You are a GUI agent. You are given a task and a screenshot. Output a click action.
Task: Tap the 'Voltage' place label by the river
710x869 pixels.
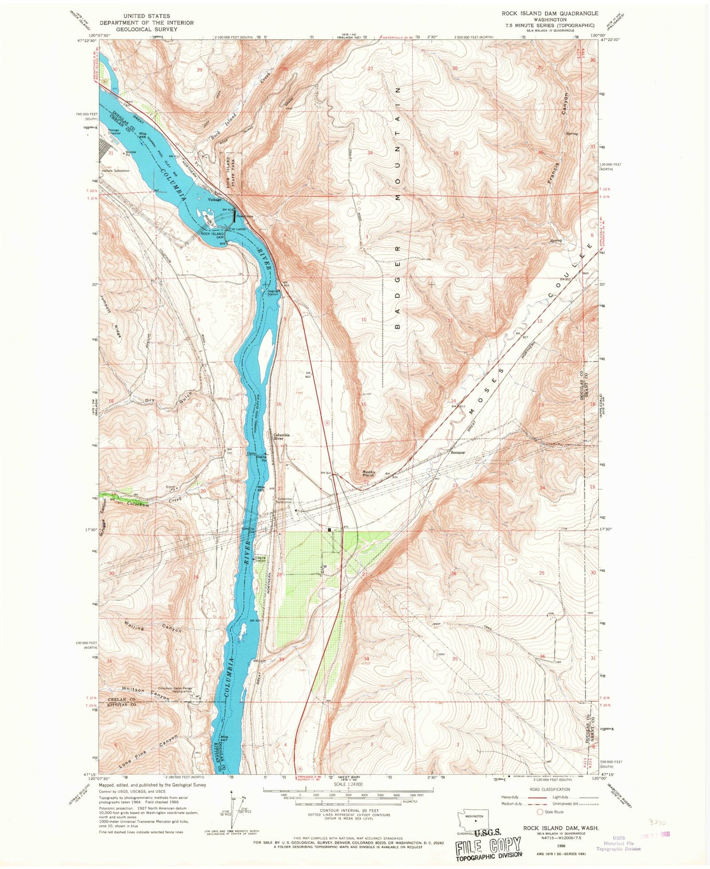pyautogui.click(x=214, y=200)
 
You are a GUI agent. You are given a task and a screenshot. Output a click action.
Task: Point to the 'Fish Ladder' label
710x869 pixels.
pyautogui.click(x=237, y=229)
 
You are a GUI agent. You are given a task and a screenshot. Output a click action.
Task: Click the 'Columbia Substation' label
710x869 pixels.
pyautogui.click(x=285, y=501)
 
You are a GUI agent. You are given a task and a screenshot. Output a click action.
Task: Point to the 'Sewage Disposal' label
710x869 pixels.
pyautogui.click(x=114, y=131)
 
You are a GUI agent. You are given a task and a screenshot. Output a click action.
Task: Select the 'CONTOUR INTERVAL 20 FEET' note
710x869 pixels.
pyautogui.click(x=348, y=810)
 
